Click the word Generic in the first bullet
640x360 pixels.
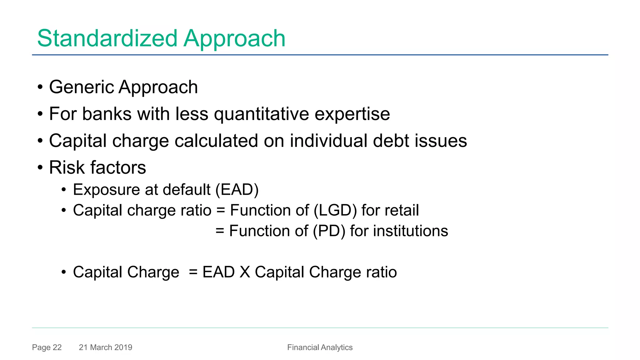[81, 87]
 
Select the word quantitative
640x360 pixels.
[261, 114]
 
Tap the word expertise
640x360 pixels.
[352, 114]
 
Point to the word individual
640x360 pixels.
[328, 141]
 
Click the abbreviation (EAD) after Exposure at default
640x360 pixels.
[237, 190]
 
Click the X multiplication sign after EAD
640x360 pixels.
[245, 272]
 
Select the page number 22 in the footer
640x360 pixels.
[57, 347]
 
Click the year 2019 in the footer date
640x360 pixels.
[123, 347]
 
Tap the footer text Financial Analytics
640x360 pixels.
[320, 347]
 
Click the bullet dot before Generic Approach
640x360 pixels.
[40, 87]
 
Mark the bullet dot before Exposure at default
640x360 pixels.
[64, 190]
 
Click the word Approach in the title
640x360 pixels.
[234, 38]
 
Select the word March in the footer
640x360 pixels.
[101, 347]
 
